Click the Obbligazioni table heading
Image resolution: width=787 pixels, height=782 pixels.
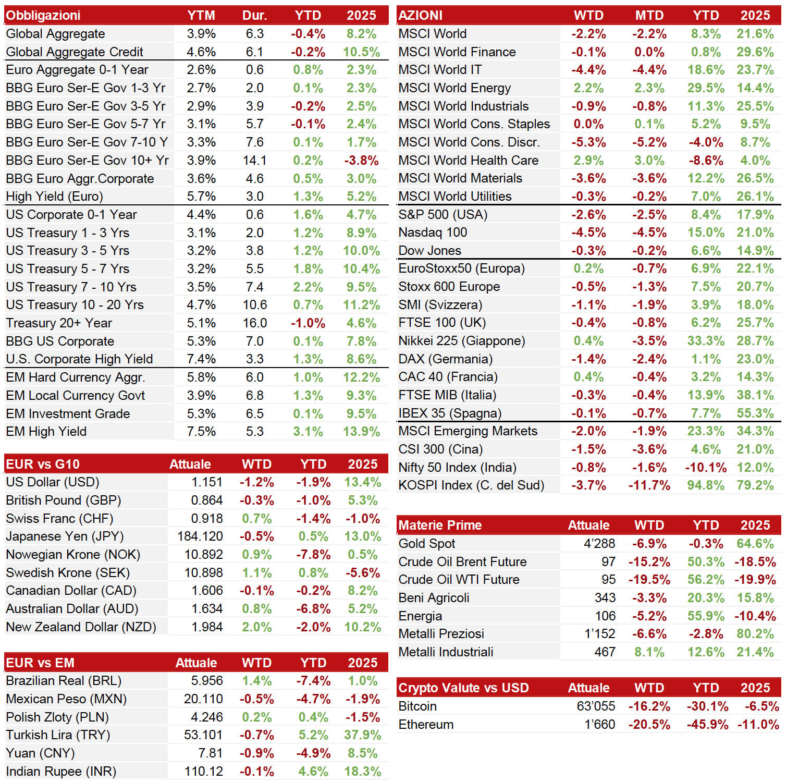tap(43, 16)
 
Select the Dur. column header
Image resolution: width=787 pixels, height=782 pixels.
tap(255, 16)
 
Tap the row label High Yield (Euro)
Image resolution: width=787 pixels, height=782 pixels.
tap(55, 197)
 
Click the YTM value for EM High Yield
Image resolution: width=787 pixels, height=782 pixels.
tap(201, 432)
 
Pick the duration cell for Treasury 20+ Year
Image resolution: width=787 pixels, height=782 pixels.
tap(255, 323)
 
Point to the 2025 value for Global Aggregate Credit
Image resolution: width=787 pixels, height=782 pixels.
tap(361, 52)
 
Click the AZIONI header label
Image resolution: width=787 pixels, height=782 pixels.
tap(421, 16)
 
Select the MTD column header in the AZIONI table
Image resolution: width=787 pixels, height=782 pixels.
tap(649, 16)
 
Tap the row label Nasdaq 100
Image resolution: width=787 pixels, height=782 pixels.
tap(433, 233)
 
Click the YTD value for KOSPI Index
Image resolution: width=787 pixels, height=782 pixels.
tap(706, 485)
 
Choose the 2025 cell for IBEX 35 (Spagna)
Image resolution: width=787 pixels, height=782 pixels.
tap(755, 413)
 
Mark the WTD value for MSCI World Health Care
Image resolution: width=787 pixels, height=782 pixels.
tap(589, 161)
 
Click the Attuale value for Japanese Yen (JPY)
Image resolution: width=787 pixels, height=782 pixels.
tap(200, 536)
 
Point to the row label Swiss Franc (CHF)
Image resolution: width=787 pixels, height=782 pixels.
tap(59, 519)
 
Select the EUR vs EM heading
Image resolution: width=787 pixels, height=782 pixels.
tap(40, 663)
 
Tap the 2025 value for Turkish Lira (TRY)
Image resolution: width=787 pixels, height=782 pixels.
tap(363, 735)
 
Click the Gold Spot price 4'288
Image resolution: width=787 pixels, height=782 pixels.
tap(599, 544)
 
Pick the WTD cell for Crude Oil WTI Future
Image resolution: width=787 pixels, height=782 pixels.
tap(649, 580)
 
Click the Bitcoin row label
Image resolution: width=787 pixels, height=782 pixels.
tap(418, 706)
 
